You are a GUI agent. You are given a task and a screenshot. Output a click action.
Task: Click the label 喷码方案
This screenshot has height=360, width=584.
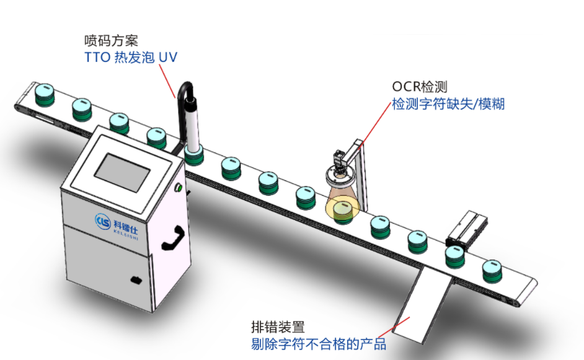(x=111, y=41)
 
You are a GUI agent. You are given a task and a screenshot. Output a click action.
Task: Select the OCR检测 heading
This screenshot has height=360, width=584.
(x=419, y=87)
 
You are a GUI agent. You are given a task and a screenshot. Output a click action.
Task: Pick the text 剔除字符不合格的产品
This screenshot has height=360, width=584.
(x=319, y=343)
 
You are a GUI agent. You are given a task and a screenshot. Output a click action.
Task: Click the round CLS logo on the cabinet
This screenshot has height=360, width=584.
(x=103, y=219)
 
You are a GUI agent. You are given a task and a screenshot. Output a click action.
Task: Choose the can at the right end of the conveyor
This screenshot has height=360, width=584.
(x=495, y=270)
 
